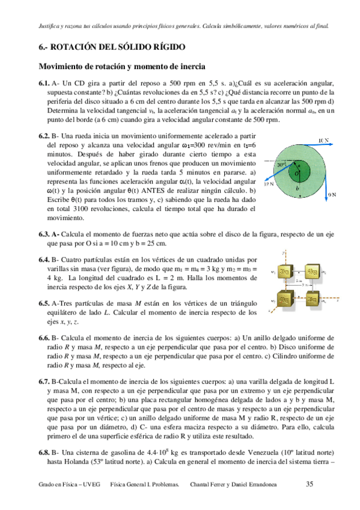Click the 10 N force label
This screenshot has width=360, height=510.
tap(323, 141)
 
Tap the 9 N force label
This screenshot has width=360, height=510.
tap(331, 195)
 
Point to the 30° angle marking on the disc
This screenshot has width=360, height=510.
tap(281, 163)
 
